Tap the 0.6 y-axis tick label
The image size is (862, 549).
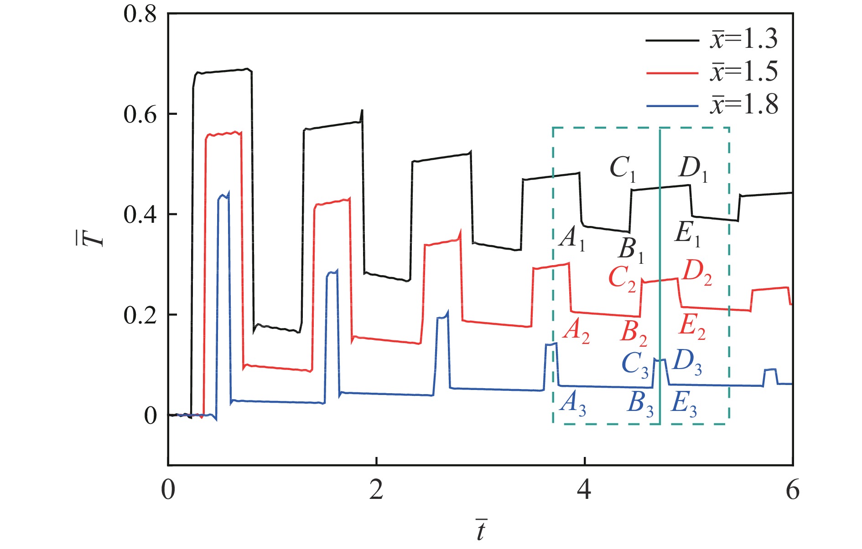pyautogui.click(x=140, y=114)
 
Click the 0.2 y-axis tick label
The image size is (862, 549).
pyautogui.click(x=140, y=315)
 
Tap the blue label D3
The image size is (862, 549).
pyautogui.click(x=687, y=362)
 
